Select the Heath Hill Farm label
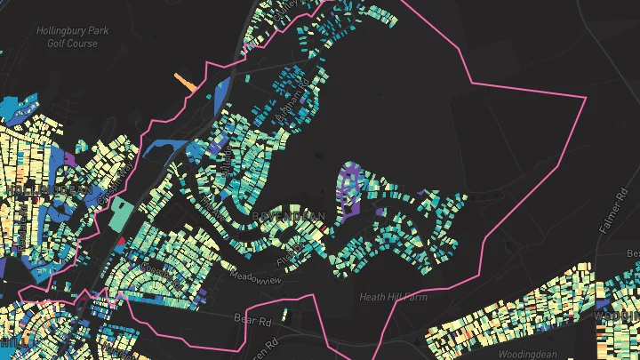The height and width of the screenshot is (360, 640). [x=394, y=297]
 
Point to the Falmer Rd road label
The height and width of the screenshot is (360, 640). [x=614, y=214]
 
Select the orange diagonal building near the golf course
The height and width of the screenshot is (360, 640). [x=185, y=82]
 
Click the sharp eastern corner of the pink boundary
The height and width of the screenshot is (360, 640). [x=587, y=97]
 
